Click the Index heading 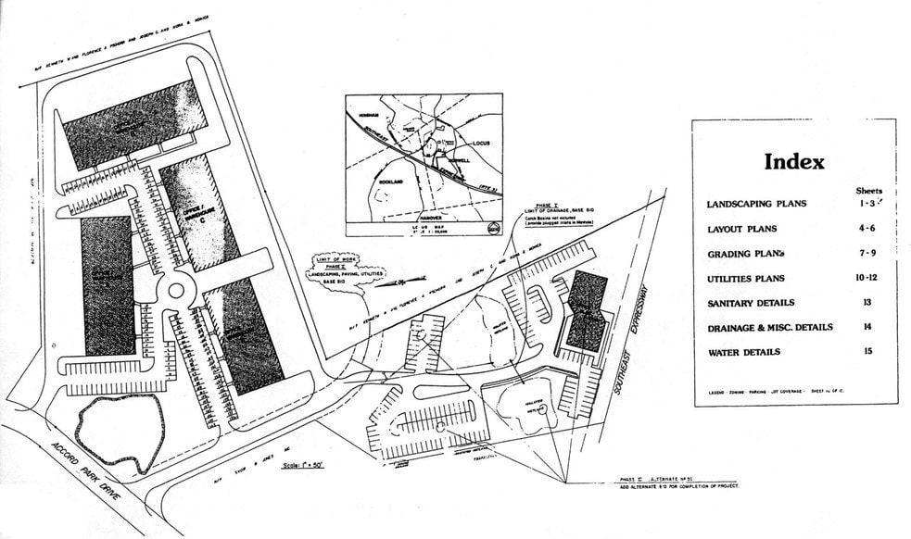(793, 162)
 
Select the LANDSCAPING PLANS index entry (755, 205)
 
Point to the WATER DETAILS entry (743, 353)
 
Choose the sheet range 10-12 (867, 278)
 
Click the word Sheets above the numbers (867, 190)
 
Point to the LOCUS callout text (474, 144)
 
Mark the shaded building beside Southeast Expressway (588, 310)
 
